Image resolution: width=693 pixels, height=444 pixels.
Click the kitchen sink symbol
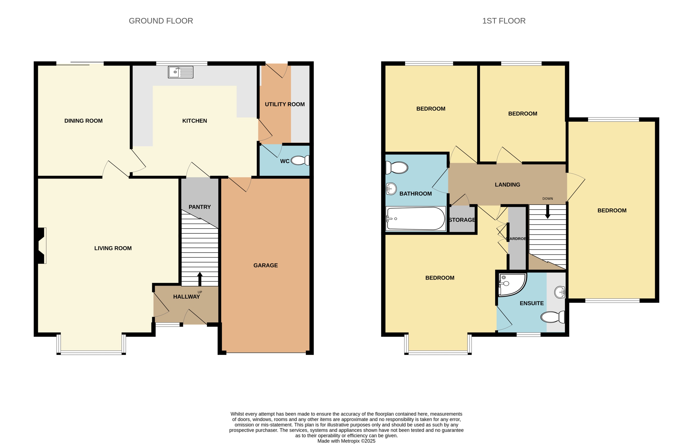(181, 72)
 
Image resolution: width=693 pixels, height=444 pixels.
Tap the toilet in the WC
(300, 160)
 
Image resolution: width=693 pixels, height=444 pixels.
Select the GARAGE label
(265, 265)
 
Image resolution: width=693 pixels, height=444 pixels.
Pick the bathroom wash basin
(391, 189)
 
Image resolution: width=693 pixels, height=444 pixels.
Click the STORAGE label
(462, 220)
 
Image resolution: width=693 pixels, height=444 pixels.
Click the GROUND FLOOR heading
(161, 21)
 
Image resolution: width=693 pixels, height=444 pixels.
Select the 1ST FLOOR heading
(504, 21)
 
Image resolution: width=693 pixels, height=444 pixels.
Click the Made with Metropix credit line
(346, 441)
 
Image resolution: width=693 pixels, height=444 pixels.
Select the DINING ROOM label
(83, 121)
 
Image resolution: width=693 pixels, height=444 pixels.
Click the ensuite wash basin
(560, 292)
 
